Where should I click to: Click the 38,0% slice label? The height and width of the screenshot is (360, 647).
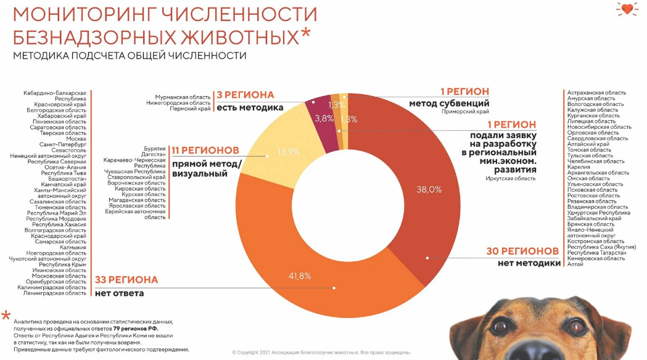pyautogui.click(x=429, y=190)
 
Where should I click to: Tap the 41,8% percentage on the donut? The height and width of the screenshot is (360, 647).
pyautogui.click(x=300, y=276)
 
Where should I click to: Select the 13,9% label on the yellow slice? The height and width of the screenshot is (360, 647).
pyautogui.click(x=289, y=152)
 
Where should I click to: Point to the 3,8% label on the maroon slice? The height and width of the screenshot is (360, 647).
pyautogui.click(x=324, y=119)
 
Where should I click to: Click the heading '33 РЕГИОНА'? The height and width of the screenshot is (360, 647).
pyautogui.click(x=126, y=280)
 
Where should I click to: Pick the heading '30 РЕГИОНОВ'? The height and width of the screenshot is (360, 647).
pyautogui.click(x=522, y=251)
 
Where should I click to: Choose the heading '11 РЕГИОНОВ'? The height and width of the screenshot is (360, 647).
pyautogui.click(x=205, y=150)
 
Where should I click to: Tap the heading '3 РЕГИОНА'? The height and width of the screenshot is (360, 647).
pyautogui.click(x=245, y=95)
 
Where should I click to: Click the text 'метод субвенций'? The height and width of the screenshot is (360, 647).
pyautogui.click(x=449, y=103)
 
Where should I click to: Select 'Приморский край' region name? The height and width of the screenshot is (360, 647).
pyautogui.click(x=465, y=112)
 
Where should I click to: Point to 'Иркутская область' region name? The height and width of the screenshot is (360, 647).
pyautogui.click(x=511, y=179)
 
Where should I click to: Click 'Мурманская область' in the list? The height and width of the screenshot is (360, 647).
pyautogui.click(x=183, y=97)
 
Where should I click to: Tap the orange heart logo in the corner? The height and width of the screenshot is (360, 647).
pyautogui.click(x=627, y=9)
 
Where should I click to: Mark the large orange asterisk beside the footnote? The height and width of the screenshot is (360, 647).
pyautogui.click(x=6, y=316)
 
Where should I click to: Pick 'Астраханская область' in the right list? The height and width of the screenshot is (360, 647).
pyautogui.click(x=596, y=93)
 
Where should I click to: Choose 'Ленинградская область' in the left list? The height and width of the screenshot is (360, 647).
pyautogui.click(x=54, y=293)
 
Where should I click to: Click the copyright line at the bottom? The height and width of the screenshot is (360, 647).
pyautogui.click(x=321, y=353)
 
